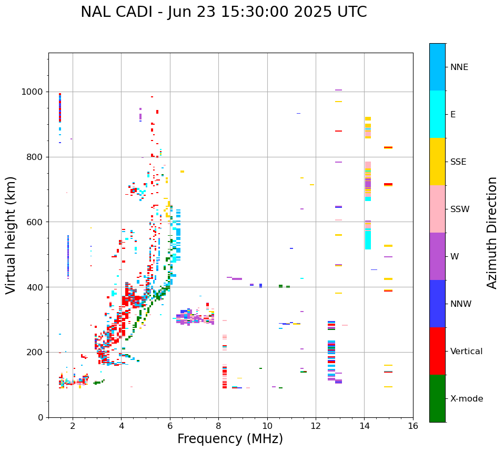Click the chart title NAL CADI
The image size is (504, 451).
(224, 12)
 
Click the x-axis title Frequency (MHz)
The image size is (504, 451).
(230, 439)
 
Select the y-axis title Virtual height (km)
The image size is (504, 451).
(11, 235)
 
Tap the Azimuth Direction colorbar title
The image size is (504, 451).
(492, 233)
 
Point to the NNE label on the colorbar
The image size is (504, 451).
(459, 67)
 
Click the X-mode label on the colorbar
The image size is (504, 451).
(466, 399)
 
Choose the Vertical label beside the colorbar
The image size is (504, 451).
(466, 352)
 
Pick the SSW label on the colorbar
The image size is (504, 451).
(460, 209)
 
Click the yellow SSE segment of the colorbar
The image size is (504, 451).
(437, 162)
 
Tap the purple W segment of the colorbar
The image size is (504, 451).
(437, 256)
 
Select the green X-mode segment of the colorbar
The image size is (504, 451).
(437, 398)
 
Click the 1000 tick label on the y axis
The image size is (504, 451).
(33, 92)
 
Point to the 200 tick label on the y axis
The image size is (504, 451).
(35, 353)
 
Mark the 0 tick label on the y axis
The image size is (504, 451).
(41, 417)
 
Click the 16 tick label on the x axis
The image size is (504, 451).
(413, 426)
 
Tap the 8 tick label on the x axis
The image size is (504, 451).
(218, 426)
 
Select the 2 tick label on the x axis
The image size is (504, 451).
(73, 426)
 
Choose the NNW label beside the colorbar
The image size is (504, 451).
(461, 304)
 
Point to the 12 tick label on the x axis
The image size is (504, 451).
(316, 426)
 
